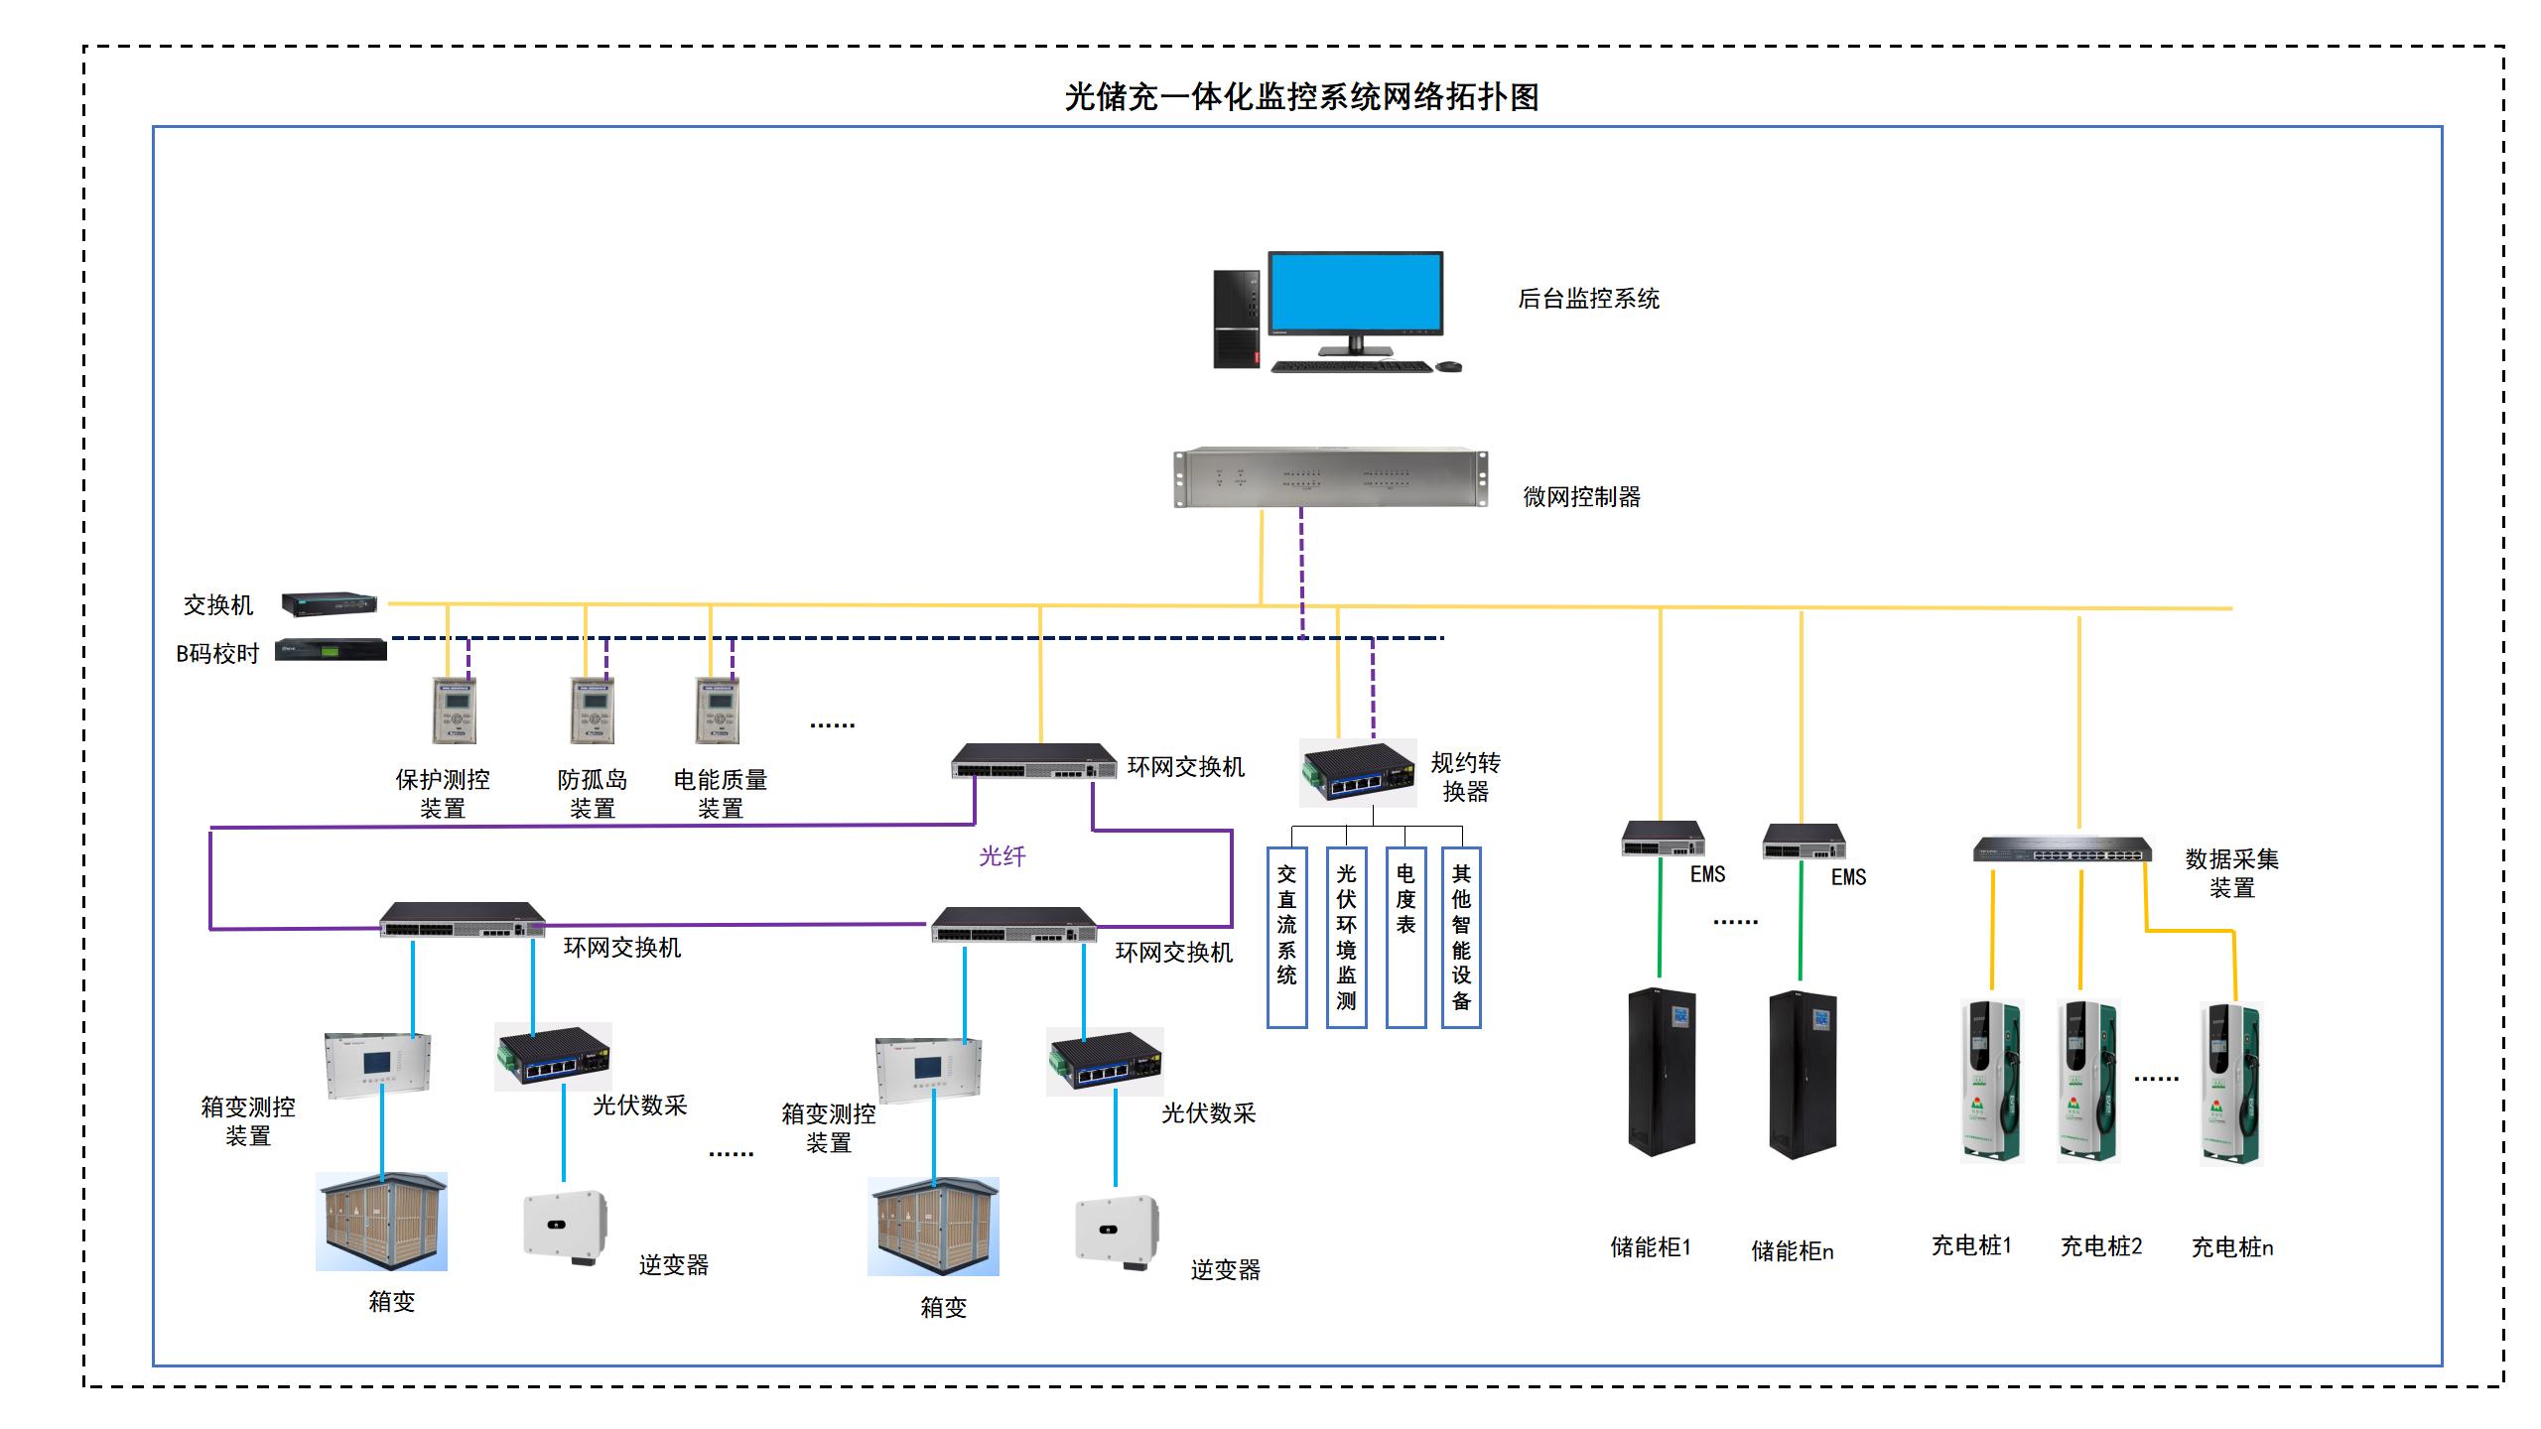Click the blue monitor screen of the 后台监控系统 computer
tap(1355, 293)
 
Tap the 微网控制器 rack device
tap(1330, 478)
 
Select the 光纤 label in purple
tap(1002, 856)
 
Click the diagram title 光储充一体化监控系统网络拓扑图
tap(1301, 97)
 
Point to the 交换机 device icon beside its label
tap(329, 602)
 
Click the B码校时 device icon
tap(331, 650)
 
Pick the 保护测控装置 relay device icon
tap(455, 711)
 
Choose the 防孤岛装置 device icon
tap(593, 711)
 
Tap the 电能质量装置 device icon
tap(718, 711)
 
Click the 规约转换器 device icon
tap(1358, 773)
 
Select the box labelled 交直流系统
tap(1286, 937)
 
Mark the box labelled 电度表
tap(1405, 937)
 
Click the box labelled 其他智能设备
tap(1461, 937)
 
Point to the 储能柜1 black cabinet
tap(1661, 1072)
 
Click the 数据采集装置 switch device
tap(2063, 850)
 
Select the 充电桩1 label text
tap(1971, 1245)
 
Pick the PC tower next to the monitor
tap(1237, 319)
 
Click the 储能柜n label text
tap(1792, 1251)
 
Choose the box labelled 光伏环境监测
tap(1346, 937)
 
